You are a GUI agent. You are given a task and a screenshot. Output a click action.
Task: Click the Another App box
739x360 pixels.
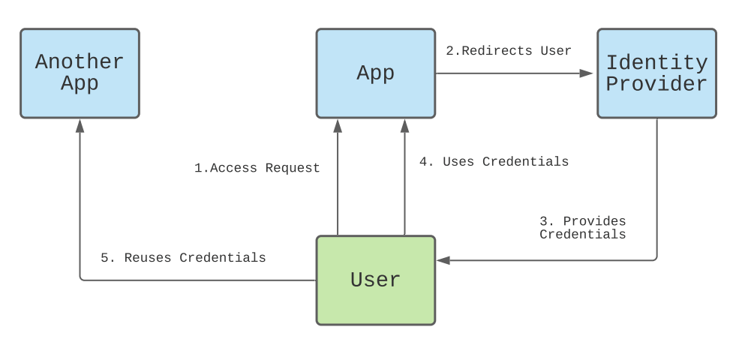coord(80,73)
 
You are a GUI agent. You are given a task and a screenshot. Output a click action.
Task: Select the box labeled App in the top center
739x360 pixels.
coord(375,73)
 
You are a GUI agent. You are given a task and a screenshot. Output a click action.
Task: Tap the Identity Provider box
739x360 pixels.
coord(656,73)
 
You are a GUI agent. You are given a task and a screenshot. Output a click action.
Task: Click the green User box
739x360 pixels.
coord(375,280)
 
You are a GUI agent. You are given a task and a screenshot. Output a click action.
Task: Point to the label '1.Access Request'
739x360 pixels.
coord(257,168)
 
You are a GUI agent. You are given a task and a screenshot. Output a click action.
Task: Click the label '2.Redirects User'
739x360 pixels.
coord(509,51)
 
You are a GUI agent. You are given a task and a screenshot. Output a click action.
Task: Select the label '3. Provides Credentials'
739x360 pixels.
coord(583,227)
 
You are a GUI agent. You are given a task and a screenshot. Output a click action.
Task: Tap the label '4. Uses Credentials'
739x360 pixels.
coord(494,161)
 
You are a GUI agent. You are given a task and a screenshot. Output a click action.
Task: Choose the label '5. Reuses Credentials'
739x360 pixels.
coord(183,257)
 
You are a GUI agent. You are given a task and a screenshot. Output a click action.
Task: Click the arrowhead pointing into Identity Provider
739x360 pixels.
coord(587,73)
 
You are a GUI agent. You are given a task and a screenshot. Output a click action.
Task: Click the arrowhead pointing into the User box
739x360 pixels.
coord(443,260)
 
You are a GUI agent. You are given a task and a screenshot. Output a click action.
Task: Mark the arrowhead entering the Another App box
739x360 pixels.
coord(80,125)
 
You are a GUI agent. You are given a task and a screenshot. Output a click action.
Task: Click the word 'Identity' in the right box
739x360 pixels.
coord(656,62)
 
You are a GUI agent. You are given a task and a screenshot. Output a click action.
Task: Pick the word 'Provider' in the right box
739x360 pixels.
coord(656,84)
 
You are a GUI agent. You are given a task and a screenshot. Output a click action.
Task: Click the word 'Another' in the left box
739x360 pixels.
coord(80,61)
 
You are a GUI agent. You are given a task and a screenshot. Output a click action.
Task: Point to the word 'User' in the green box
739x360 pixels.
coord(375,280)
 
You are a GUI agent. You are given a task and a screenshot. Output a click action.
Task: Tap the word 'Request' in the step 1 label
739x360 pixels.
coord(293,168)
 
